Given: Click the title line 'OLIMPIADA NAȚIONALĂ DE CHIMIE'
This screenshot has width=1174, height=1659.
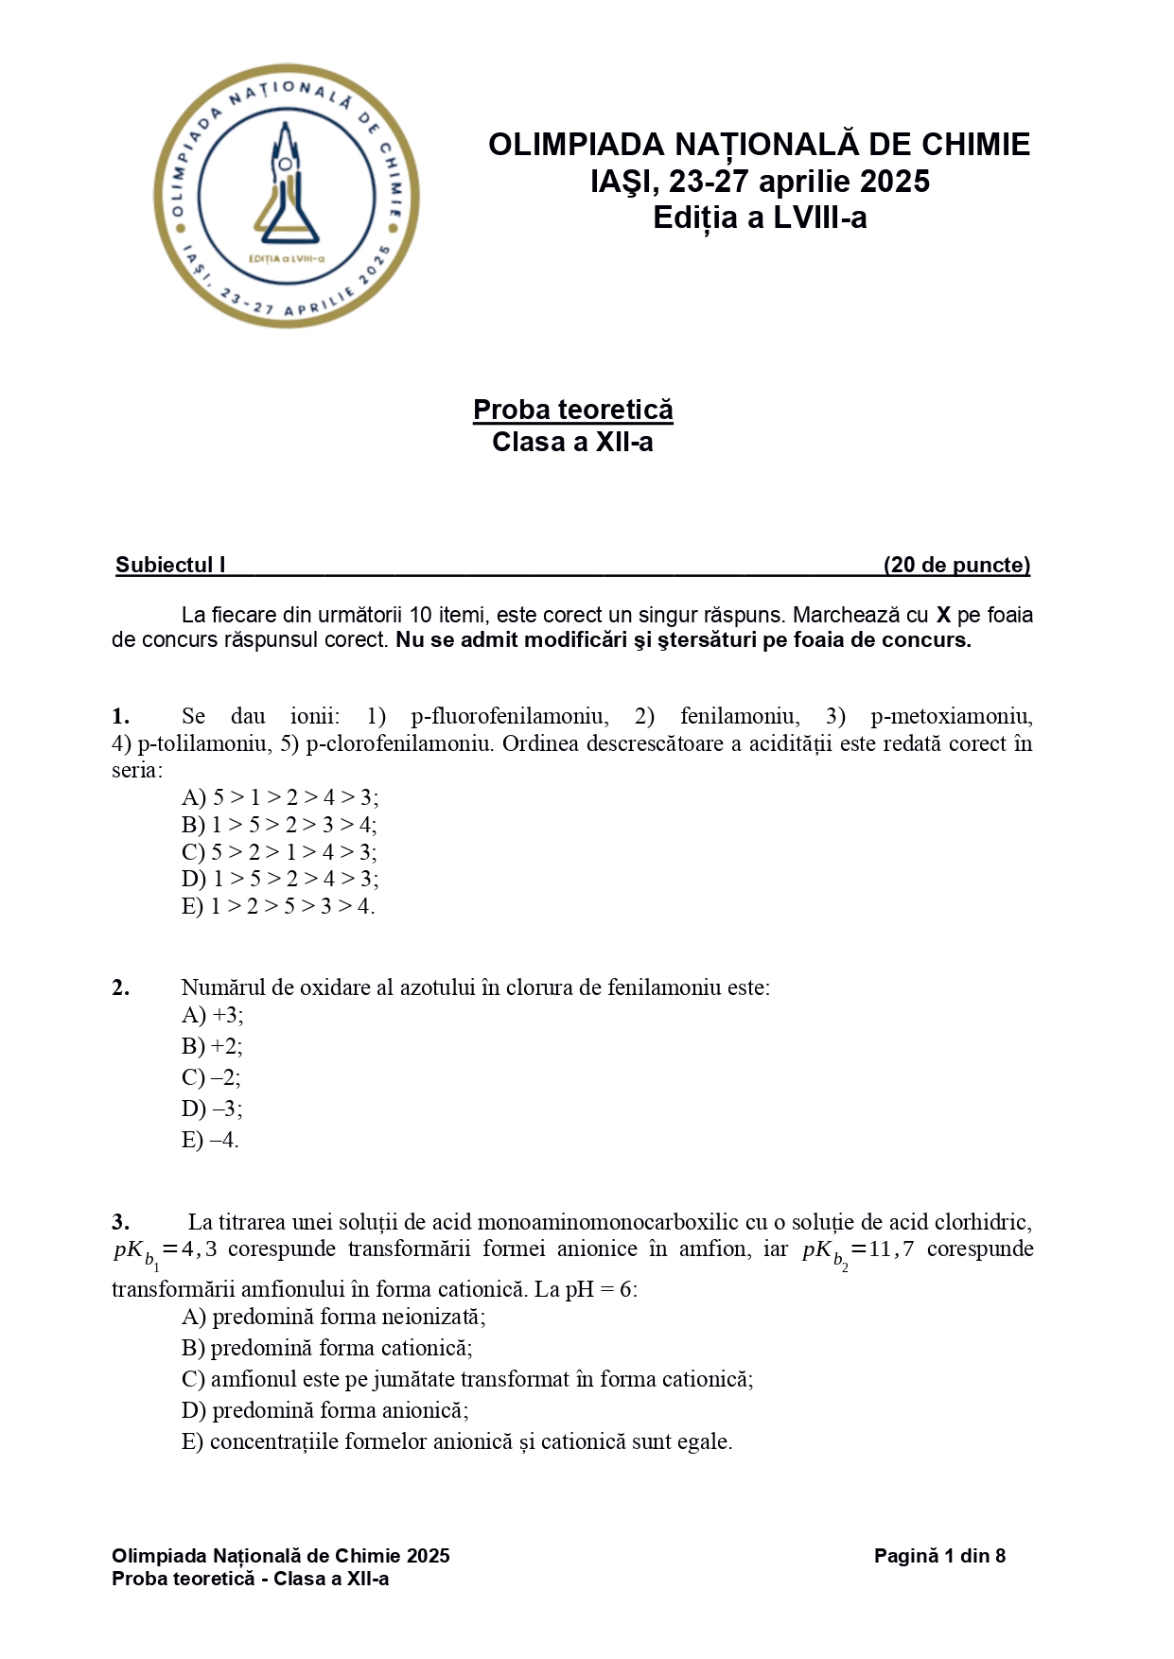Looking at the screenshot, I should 759,145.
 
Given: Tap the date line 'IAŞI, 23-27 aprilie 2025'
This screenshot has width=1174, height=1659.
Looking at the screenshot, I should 760,182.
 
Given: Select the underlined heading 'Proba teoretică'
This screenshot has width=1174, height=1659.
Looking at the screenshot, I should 572,410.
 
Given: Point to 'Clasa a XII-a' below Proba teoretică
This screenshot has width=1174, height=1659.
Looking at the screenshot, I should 572,442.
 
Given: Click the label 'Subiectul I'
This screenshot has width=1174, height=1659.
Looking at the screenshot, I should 170,566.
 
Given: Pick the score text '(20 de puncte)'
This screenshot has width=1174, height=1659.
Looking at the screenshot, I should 956,566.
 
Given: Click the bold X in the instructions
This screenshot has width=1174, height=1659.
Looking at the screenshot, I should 943,616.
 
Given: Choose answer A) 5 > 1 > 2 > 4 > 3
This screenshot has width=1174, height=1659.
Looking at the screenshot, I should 280,797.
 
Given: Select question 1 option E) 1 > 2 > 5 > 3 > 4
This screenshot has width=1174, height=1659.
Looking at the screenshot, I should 278,906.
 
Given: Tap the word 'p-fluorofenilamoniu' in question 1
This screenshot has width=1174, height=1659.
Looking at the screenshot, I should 509,716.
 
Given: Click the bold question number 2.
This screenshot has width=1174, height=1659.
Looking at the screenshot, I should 120,987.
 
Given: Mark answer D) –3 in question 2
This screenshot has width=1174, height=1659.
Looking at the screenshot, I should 212,1109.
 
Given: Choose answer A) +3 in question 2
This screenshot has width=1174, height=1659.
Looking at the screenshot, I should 212,1015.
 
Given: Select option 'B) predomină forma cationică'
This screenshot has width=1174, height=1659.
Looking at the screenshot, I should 326,1348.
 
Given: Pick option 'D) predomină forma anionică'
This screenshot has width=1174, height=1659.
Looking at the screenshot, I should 324,1410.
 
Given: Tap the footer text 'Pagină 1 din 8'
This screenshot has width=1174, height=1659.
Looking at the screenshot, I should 938,1556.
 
